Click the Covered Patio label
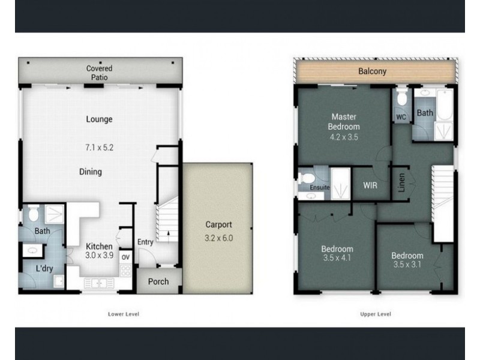(99, 73)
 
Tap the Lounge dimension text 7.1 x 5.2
(99, 146)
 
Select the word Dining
(91, 172)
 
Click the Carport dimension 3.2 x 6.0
(219, 238)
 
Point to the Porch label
(158, 281)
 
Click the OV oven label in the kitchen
(125, 257)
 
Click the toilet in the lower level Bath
(34, 213)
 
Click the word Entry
(145, 242)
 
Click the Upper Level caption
(376, 314)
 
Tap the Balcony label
(372, 71)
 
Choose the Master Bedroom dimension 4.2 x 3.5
(344, 137)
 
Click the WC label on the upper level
(401, 116)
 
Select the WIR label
(370, 185)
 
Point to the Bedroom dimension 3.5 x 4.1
(337, 259)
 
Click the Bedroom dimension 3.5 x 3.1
(408, 263)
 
